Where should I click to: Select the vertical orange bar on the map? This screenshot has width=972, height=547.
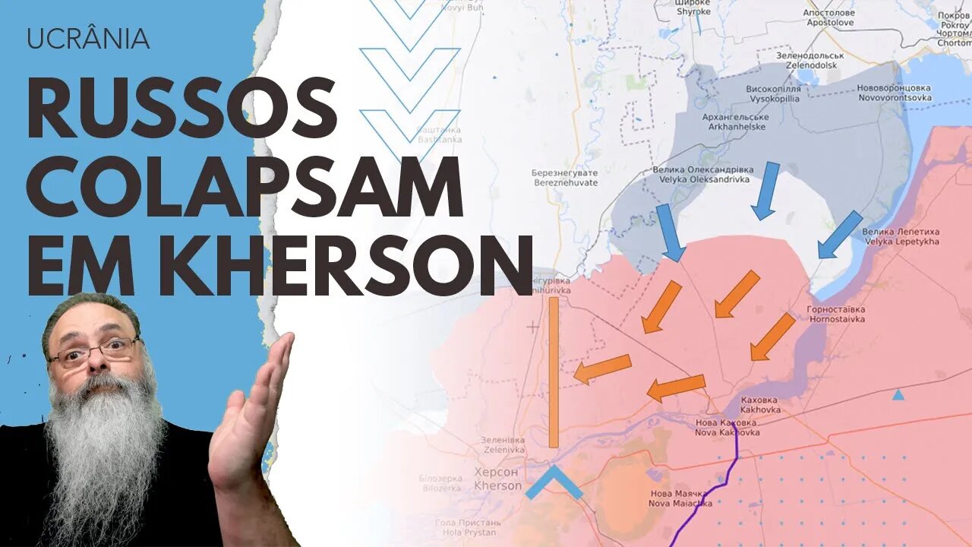(x=554, y=372)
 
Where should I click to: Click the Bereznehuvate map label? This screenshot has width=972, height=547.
(x=564, y=178)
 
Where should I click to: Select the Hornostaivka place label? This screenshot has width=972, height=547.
(x=836, y=315)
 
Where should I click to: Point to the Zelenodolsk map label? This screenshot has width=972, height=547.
(x=810, y=61)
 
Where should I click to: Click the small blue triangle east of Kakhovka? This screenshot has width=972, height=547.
(x=898, y=395)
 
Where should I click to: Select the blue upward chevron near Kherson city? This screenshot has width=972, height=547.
(x=554, y=482)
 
